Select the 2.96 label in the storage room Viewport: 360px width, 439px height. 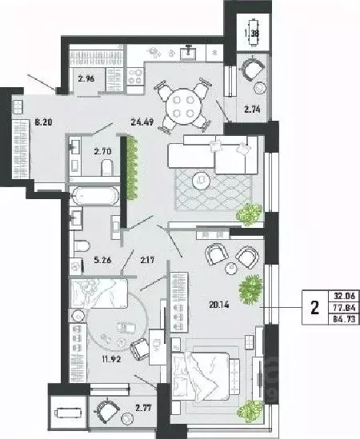click(86, 78)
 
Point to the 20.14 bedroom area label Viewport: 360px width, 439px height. click(207, 304)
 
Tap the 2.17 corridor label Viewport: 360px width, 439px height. click(147, 257)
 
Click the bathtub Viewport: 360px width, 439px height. click(94, 197)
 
